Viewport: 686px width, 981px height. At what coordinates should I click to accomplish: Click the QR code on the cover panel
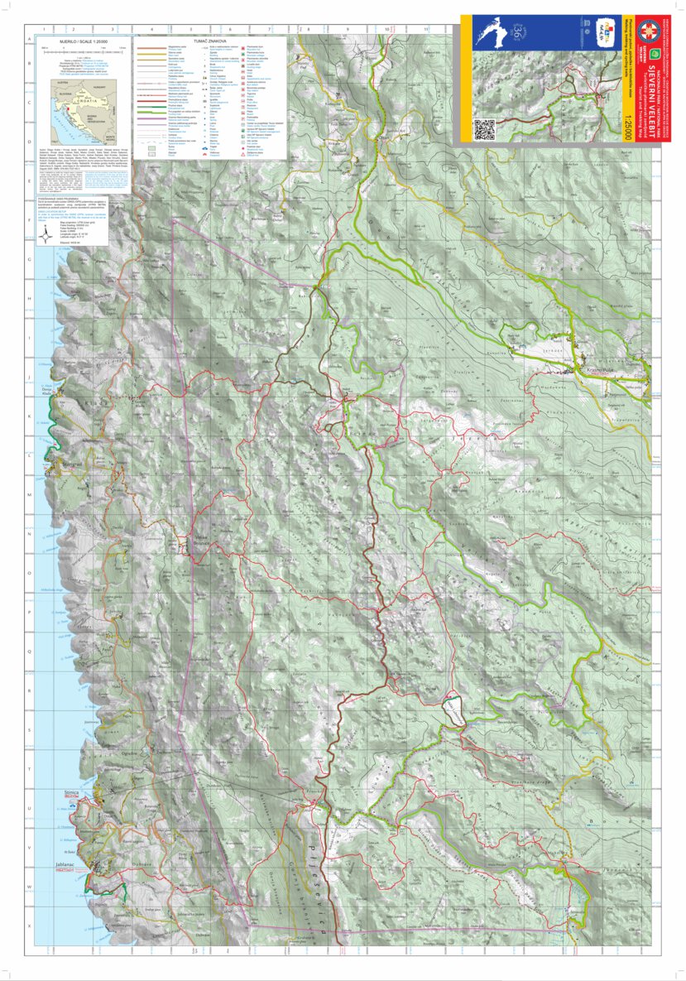484,129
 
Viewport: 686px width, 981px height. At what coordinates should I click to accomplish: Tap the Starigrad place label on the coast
74,464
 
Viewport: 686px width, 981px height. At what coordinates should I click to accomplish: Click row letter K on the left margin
31,416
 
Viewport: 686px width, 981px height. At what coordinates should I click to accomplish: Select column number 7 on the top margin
270,29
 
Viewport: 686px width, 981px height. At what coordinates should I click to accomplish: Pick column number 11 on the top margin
425,29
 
